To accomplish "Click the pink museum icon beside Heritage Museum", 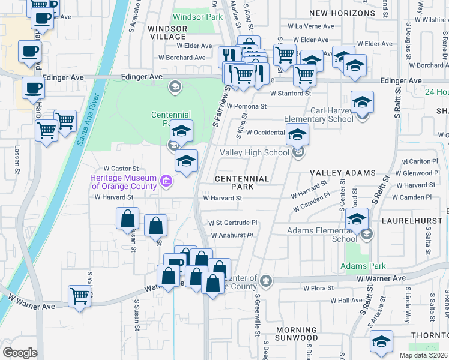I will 166,180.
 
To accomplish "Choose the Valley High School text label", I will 255,153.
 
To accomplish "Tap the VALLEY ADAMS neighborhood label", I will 342,173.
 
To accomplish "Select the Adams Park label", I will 362,266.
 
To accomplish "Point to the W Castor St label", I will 121,169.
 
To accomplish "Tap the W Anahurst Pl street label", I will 231,236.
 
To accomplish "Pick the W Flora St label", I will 318,289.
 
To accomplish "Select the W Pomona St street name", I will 247,106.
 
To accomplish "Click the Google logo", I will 20,353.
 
